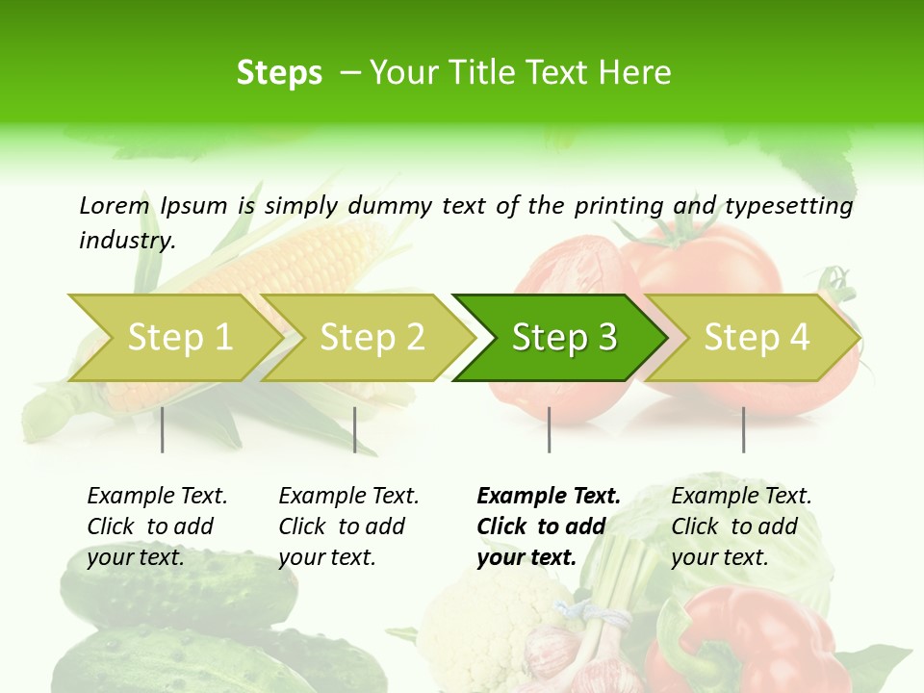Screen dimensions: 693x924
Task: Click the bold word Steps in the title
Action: (279, 73)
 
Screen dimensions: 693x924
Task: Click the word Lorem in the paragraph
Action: (115, 205)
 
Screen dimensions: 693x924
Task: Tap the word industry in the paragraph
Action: (127, 241)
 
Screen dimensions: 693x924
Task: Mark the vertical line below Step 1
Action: (163, 429)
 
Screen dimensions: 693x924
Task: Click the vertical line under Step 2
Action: (355, 429)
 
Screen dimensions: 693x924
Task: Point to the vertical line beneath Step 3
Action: (550, 429)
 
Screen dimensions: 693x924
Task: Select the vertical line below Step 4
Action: (743, 429)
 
